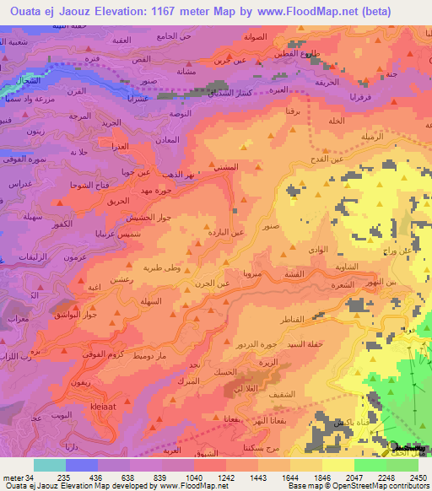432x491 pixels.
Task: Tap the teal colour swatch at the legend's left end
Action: point(50,464)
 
